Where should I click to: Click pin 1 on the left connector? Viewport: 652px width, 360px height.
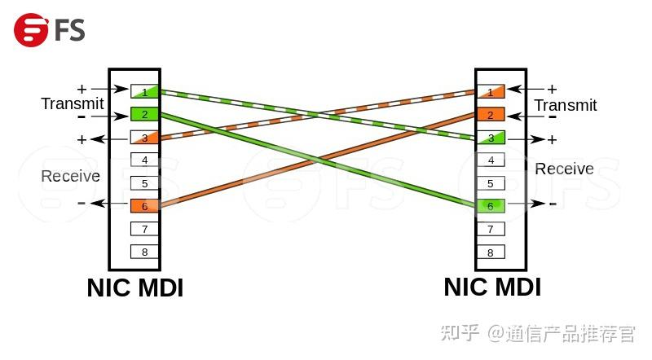(144, 91)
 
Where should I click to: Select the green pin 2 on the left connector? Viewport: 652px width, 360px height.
(144, 114)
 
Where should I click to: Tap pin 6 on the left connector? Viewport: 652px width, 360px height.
(144, 206)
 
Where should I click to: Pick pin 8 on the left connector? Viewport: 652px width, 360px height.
(144, 252)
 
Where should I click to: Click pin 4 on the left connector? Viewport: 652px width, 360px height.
(144, 160)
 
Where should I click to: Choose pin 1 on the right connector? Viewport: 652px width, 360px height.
(490, 91)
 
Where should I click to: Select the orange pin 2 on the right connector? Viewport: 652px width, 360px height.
(490, 115)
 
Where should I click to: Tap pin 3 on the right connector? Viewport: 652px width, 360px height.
(490, 138)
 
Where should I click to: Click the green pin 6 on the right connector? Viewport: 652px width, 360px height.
(490, 206)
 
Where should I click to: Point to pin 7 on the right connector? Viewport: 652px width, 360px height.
(490, 229)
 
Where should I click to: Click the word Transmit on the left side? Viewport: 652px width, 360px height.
(72, 104)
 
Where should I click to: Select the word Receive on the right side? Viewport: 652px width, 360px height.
(564, 169)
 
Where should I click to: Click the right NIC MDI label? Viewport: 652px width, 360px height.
(492, 287)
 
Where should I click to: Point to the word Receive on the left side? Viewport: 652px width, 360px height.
(70, 177)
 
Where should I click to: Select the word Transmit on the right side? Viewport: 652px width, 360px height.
(566, 106)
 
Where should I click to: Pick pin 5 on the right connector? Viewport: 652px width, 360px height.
(490, 183)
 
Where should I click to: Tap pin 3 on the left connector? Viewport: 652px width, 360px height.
(144, 138)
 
